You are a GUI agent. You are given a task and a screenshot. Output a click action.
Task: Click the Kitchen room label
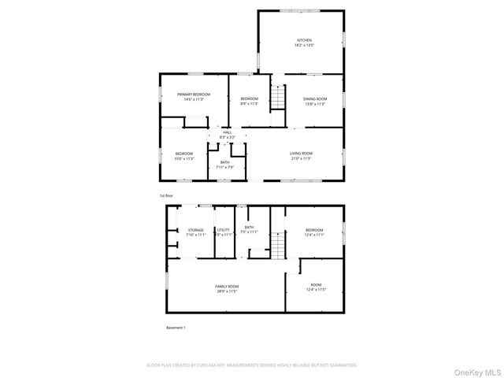tap(304, 40)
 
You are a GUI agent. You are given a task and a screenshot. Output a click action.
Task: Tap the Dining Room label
tap(315, 98)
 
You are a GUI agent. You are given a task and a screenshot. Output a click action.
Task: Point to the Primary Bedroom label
tap(193, 94)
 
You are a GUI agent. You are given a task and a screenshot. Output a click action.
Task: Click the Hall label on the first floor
tap(227, 133)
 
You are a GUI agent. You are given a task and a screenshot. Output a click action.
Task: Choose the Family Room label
tap(227, 286)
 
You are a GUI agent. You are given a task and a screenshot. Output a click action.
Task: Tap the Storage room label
tap(195, 230)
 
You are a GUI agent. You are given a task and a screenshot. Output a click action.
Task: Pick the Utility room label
tap(224, 230)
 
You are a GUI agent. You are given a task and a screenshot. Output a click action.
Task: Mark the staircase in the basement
tap(276, 250)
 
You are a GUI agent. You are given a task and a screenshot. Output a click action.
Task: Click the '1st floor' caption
tap(166, 195)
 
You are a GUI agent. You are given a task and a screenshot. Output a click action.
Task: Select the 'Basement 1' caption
tap(176, 328)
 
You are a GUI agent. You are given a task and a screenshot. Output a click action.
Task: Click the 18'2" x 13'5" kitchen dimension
tap(304, 46)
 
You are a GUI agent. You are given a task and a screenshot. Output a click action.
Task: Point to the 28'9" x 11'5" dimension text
tap(227, 291)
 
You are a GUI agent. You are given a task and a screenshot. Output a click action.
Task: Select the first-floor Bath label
tap(225, 162)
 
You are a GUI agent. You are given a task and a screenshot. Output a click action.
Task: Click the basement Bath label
tap(249, 227)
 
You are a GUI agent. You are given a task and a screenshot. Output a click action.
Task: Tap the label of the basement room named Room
tap(316, 284)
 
